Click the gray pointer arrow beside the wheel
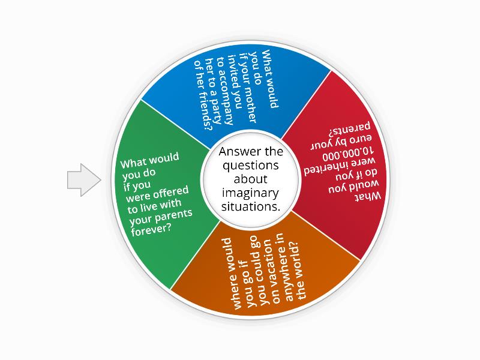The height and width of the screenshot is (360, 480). (x=83, y=180)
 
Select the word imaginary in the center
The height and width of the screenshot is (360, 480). (x=250, y=193)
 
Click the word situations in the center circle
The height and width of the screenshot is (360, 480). (x=250, y=206)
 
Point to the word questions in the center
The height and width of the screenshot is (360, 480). (x=250, y=166)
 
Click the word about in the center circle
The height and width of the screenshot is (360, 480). (x=250, y=179)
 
